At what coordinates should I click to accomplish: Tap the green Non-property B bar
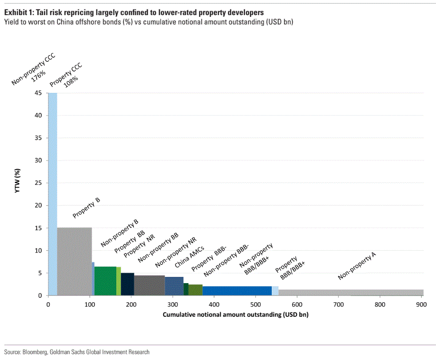coord(105,281)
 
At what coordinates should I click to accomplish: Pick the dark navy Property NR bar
coord(127,284)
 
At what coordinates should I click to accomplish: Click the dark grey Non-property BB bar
coord(149,285)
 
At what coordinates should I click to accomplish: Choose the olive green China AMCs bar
coord(195,290)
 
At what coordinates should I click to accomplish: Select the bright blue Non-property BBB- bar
coord(237,291)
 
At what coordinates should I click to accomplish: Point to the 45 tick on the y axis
coord(39,93)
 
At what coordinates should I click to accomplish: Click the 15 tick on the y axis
coord(39,228)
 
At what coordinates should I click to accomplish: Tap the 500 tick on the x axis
coord(255,304)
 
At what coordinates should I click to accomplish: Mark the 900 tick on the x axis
coord(421,304)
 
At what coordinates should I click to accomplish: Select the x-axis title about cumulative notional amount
coord(235,315)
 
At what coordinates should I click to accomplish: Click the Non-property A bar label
coord(357,266)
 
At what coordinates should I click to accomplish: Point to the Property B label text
coord(86,208)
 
